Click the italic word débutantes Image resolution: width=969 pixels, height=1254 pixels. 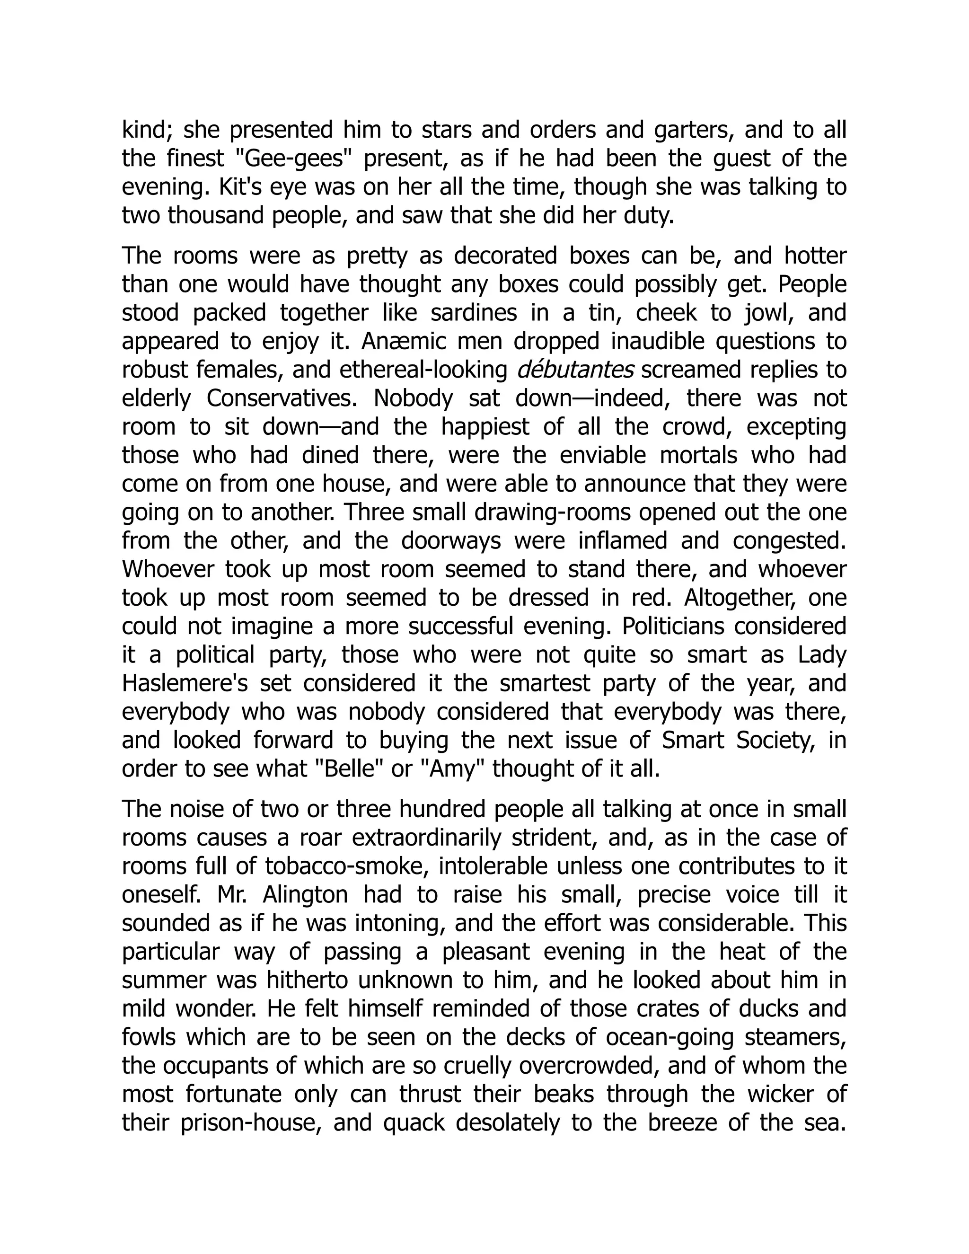[575, 371]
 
